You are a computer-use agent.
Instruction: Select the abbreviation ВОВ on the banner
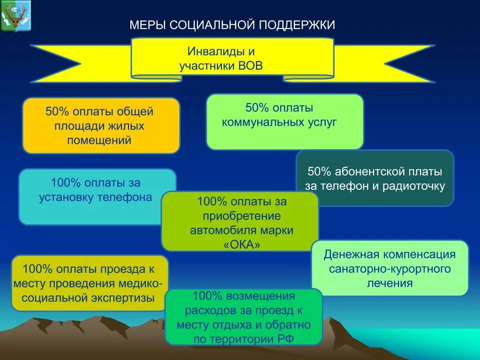[x=250, y=66]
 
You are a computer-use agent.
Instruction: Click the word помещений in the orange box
[x=99, y=140]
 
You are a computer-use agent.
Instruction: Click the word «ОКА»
[x=240, y=245]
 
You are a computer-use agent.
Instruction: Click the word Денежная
[x=352, y=255]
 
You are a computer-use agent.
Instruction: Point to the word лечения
[x=390, y=283]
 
